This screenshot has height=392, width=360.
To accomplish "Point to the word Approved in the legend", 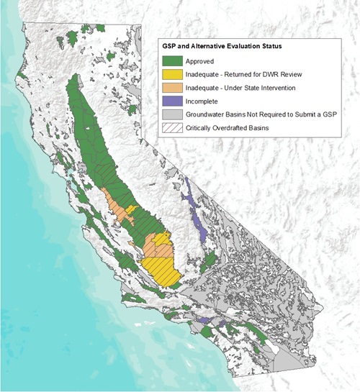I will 199,61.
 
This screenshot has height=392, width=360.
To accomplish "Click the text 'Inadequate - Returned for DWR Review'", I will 243,75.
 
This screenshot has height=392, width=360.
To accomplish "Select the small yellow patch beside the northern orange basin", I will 130,209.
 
